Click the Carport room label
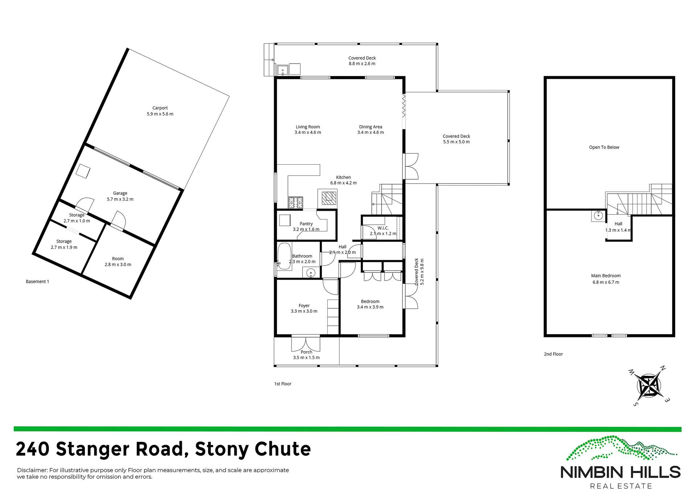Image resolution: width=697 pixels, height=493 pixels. (160, 108)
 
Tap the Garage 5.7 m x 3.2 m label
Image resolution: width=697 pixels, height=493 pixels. (120, 196)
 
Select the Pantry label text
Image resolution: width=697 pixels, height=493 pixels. (306, 224)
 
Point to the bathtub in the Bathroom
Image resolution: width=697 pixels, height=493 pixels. (284, 256)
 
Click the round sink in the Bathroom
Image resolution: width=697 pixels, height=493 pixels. (311, 272)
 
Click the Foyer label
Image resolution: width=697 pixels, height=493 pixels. (304, 305)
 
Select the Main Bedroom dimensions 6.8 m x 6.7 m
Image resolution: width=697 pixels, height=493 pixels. (606, 282)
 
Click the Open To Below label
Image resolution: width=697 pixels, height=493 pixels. (604, 147)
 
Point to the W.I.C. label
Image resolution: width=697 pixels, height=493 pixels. (383, 228)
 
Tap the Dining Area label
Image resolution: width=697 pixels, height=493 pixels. (370, 127)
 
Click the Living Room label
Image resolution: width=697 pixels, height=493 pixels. (307, 127)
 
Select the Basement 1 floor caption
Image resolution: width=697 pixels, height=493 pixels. (37, 282)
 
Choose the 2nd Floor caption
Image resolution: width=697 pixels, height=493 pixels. (553, 354)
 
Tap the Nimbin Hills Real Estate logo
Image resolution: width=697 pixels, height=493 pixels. (620, 463)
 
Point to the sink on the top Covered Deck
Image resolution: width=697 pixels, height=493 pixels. (282, 70)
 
